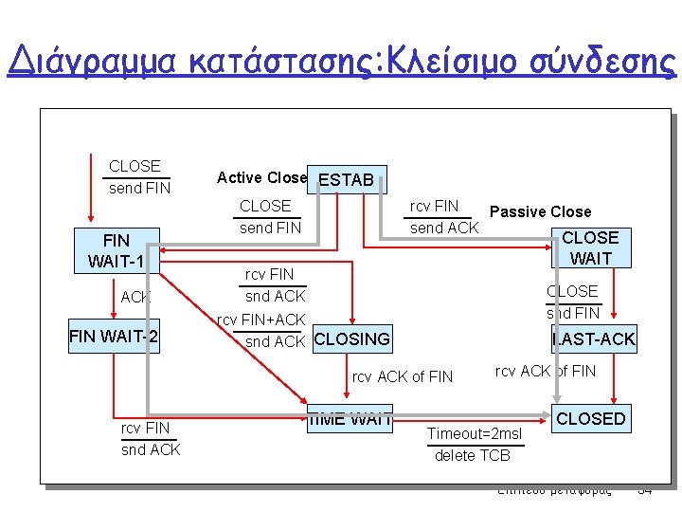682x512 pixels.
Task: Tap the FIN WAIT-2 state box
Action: (x=114, y=337)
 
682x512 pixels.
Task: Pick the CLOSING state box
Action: (x=351, y=338)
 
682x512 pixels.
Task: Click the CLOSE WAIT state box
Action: (x=590, y=247)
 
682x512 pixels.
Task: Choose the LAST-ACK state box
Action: (x=594, y=338)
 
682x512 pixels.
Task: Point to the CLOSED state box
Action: (x=591, y=418)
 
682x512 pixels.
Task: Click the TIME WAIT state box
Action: (x=350, y=417)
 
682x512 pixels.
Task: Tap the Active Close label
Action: (x=261, y=177)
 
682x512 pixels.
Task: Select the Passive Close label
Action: (x=540, y=211)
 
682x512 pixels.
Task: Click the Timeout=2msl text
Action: (x=474, y=434)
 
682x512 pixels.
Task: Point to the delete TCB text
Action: (x=472, y=455)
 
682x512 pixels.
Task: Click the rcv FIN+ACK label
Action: (x=261, y=320)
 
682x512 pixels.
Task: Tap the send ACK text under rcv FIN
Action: (x=443, y=228)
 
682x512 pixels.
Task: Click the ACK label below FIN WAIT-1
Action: (x=135, y=297)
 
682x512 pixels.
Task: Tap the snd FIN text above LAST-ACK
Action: (x=572, y=313)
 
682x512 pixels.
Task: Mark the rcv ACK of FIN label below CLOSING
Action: (x=403, y=376)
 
